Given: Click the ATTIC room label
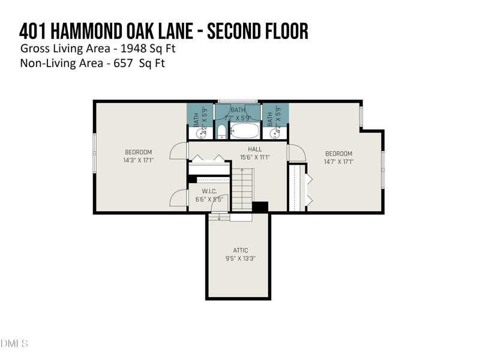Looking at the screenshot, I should click(240, 250).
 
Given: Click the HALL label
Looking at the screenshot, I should click(255, 149).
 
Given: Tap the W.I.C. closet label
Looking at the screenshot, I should click(209, 191).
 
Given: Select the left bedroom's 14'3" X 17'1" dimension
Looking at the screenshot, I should click(138, 161).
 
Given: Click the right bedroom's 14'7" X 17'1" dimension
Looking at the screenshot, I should click(338, 161).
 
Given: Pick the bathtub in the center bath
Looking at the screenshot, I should click(244, 130).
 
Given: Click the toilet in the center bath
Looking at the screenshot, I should click(221, 131).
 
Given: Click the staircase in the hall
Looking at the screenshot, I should click(243, 189).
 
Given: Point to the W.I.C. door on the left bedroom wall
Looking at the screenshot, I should click(179, 198).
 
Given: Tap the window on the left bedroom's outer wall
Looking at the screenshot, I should click(94, 151).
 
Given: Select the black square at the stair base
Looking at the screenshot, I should click(260, 206).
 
